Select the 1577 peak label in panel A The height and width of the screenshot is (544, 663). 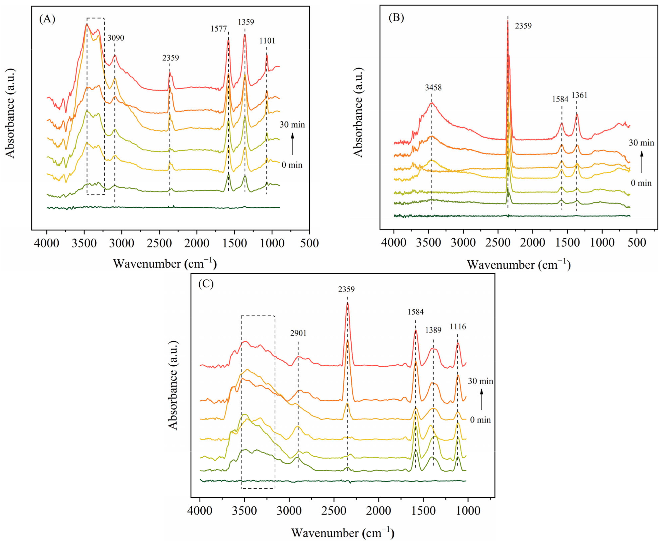click(x=218, y=29)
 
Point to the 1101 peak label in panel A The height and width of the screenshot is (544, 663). click(x=267, y=41)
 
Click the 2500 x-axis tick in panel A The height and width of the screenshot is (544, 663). click(x=159, y=243)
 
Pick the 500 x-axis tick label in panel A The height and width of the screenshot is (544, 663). click(x=309, y=243)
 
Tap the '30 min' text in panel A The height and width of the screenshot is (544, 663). click(x=292, y=125)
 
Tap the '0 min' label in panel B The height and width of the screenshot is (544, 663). click(x=641, y=183)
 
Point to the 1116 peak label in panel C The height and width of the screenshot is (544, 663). click(x=458, y=327)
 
